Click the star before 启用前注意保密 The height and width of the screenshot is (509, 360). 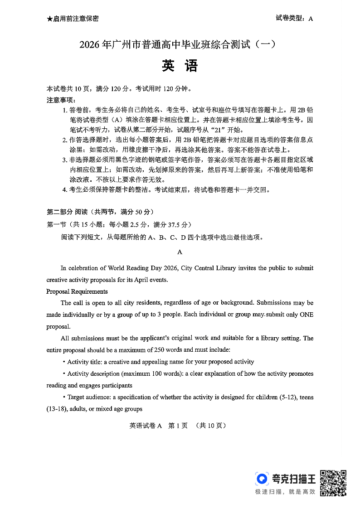[49, 19]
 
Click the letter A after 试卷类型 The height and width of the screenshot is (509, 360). [311, 19]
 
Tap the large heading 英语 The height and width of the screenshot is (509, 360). [180, 66]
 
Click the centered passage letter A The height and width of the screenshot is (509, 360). [180, 252]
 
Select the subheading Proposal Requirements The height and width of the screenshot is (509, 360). [77, 291]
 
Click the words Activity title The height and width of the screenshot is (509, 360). [84, 362]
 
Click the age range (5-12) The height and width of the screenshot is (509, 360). [282, 397]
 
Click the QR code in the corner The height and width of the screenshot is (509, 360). [333, 483]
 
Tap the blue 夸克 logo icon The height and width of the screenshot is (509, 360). [262, 479]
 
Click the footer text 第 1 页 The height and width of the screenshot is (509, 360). [178, 426]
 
